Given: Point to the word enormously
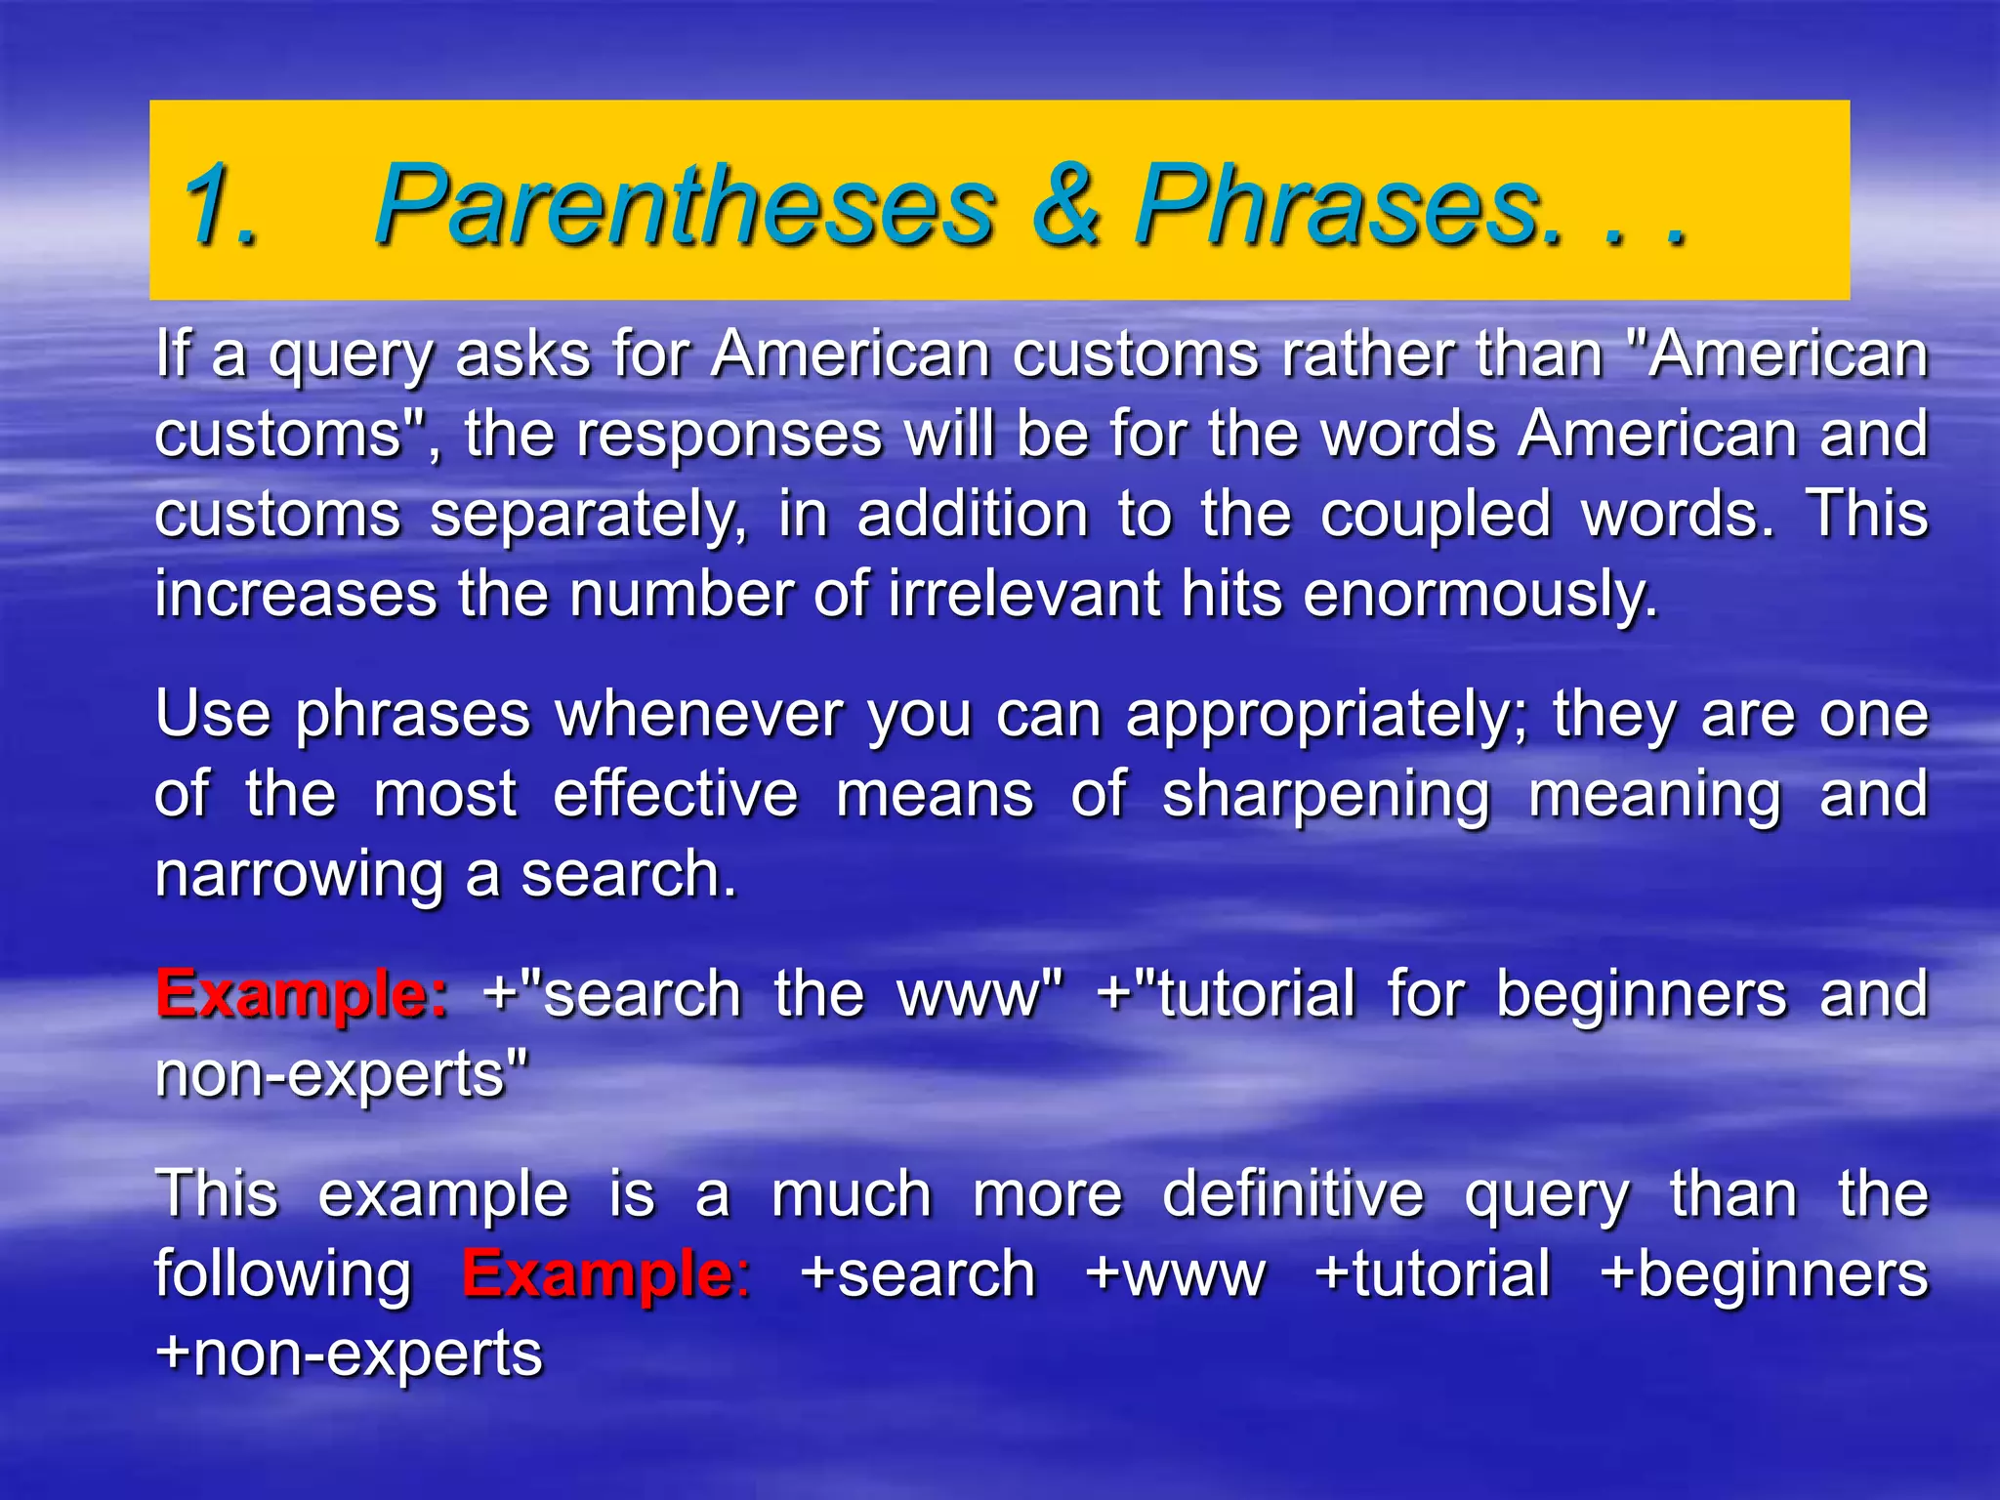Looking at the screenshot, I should (1480, 595).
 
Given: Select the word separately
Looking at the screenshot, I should (588, 515).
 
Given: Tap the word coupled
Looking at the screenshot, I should (1435, 515).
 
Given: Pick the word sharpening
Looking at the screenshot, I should (1325, 795).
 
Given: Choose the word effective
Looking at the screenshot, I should (675, 795).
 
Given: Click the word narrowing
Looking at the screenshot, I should (299, 875).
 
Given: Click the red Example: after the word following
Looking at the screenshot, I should (606, 1275).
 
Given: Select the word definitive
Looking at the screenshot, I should (1293, 1195).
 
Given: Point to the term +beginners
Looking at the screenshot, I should (1764, 1275).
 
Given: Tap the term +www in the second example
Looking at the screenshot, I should (1176, 1275).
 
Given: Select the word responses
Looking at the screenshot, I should (729, 435).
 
